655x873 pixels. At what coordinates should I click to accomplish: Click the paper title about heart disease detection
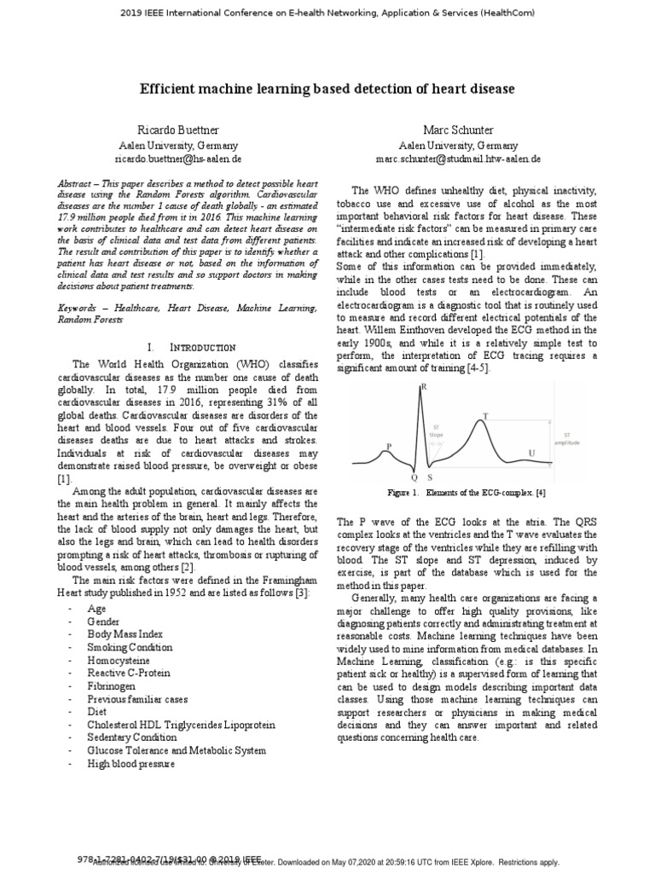[x=327, y=88]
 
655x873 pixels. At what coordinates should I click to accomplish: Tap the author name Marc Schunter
[x=458, y=130]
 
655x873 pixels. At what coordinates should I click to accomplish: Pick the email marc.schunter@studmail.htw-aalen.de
[x=458, y=159]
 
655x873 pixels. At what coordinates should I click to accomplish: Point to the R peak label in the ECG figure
[x=424, y=387]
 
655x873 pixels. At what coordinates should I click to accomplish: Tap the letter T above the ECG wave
[x=486, y=416]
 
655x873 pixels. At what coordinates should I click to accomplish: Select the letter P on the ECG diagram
[x=389, y=446]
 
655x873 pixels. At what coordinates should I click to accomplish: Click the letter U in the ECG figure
[x=532, y=453]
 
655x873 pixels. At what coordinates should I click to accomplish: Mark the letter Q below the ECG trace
[x=414, y=478]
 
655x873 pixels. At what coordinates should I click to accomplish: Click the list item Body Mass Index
[x=125, y=634]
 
